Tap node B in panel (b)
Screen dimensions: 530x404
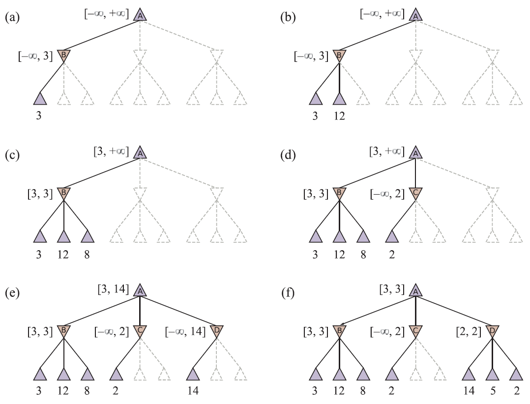[x=339, y=56]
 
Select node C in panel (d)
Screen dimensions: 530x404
[x=416, y=194]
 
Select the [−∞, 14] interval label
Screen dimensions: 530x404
[x=185, y=332]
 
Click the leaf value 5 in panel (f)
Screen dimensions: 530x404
[x=493, y=391]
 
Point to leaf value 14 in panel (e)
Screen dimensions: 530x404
[x=193, y=391]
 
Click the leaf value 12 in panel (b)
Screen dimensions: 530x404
[x=339, y=116]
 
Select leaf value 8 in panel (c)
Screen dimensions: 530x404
[x=87, y=254]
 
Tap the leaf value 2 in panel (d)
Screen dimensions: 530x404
[x=392, y=254]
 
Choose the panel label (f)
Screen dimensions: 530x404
[x=288, y=293]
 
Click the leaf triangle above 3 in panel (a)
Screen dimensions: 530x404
[x=40, y=99]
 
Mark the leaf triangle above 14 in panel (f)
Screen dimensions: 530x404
[x=469, y=375]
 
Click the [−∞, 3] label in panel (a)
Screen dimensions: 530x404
[x=35, y=56]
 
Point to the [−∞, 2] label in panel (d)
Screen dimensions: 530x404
[x=387, y=194]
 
